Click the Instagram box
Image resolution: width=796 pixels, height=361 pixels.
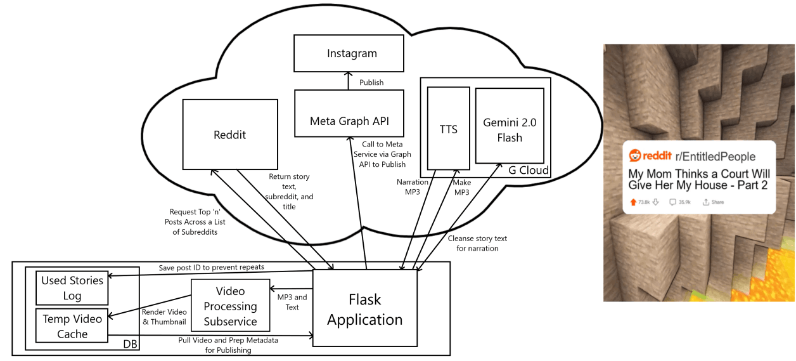tap(349, 53)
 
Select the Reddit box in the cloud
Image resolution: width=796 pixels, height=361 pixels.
tap(229, 135)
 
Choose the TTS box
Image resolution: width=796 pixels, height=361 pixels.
tap(448, 129)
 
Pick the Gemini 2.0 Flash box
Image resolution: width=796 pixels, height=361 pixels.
tap(510, 129)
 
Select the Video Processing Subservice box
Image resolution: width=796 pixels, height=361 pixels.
tap(231, 306)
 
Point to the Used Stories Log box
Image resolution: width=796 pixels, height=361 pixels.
tap(72, 288)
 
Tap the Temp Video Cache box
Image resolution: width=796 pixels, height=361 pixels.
tap(72, 326)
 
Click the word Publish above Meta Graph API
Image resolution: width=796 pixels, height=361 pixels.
tap(371, 82)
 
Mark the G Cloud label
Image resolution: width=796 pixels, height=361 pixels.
tap(529, 170)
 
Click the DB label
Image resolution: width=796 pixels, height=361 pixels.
tap(129, 343)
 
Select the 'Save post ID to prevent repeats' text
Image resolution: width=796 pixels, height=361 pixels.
tap(210, 267)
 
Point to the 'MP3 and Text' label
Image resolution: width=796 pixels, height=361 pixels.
tap(292, 302)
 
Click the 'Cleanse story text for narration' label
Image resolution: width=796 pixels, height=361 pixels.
tap(477, 243)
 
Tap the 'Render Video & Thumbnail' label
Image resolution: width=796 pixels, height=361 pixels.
tap(164, 317)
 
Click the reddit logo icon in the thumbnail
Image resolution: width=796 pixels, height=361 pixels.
tap(635, 156)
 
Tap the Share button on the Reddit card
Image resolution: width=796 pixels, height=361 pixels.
tap(713, 202)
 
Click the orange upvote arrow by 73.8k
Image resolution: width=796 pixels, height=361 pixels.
tap(632, 202)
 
